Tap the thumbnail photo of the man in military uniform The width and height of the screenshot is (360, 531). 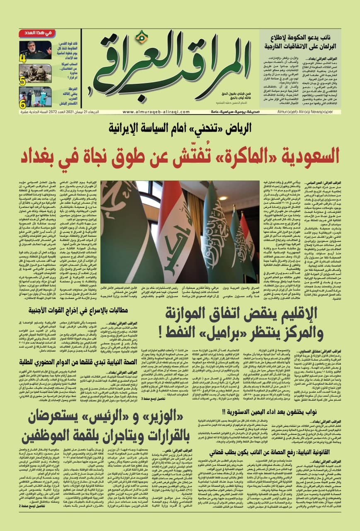(x=36, y=49)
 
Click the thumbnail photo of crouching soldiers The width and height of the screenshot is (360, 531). (x=36, y=73)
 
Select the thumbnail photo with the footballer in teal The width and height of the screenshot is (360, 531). (x=36, y=97)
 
